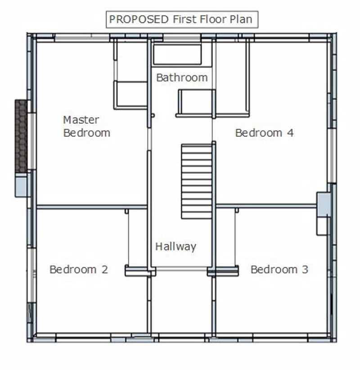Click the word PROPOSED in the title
click(139, 19)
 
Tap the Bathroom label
click(182, 77)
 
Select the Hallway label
click(176, 247)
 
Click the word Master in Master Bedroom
click(81, 120)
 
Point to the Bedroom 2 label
click(79, 270)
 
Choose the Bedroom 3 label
click(279, 270)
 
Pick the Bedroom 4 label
click(265, 133)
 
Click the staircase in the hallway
click(197, 181)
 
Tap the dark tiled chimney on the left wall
click(21, 136)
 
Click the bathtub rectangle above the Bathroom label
click(177, 54)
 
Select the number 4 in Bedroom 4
click(290, 133)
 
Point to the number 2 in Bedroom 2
click(105, 270)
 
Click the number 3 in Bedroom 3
click(305, 270)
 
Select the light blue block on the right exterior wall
click(324, 204)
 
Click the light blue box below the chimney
click(21, 185)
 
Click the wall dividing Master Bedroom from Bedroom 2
click(92, 207)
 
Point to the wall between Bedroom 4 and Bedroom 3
click(266, 206)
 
